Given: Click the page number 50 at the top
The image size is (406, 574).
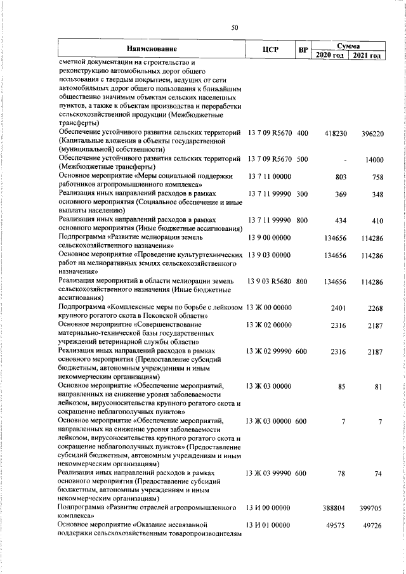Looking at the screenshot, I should (x=234, y=27).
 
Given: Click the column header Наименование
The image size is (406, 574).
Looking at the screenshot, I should (x=151, y=49).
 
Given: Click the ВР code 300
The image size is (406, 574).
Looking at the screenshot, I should (x=301, y=193).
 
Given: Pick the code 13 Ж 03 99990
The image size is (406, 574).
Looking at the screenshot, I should (x=268, y=473).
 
